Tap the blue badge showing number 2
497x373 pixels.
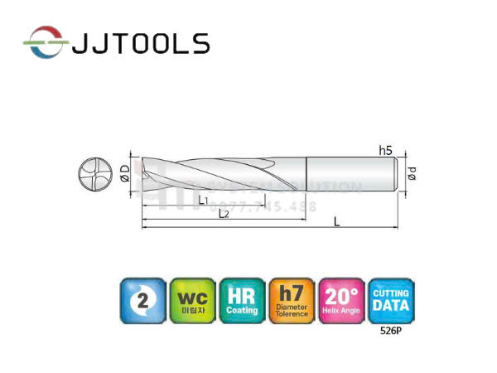[x=142, y=301]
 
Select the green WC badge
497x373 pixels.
[x=191, y=301]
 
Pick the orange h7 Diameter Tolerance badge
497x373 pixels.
[x=292, y=301]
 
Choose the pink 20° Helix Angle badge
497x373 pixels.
[x=341, y=301]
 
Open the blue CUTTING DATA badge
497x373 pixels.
[x=391, y=300]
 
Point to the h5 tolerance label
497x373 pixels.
[x=385, y=151]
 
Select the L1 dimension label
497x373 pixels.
[x=203, y=200]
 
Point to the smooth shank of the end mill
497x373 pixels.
[x=352, y=175]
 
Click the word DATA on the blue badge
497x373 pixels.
[x=391, y=306]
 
